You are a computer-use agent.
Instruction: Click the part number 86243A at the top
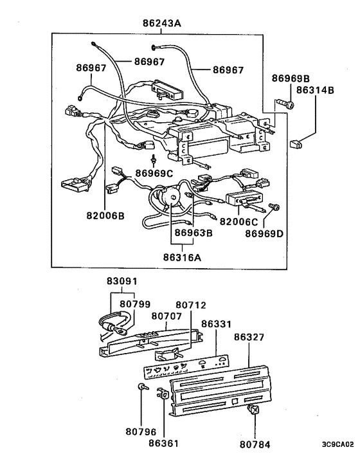click(x=161, y=23)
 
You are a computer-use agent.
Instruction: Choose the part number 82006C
click(x=239, y=221)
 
